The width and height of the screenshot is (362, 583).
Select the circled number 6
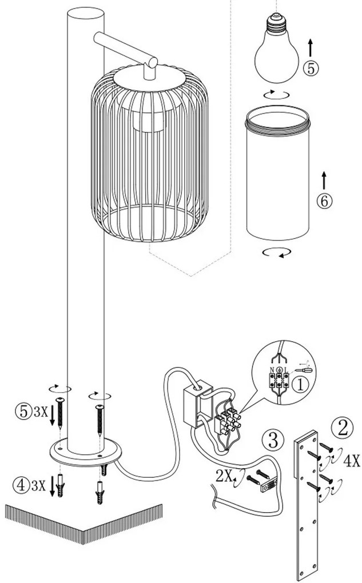tap(324, 201)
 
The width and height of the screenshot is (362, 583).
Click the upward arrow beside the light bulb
tap(311, 47)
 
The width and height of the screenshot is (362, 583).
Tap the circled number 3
tap(273, 441)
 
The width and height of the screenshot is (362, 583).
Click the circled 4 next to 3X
tap(21, 485)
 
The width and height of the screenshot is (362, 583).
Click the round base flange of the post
tap(86, 454)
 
